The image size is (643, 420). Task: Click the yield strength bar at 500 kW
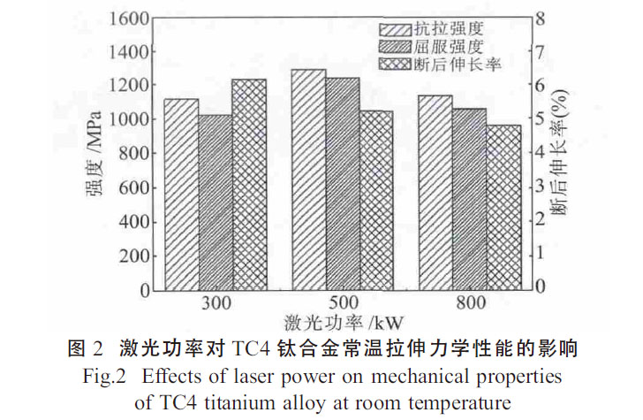343,184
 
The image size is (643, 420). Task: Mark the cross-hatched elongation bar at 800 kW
503,207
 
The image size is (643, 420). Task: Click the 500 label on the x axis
343,304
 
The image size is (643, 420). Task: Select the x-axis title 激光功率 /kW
341,323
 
